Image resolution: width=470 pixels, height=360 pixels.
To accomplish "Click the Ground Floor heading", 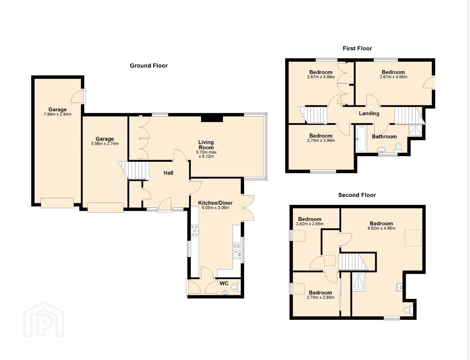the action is tap(149, 66).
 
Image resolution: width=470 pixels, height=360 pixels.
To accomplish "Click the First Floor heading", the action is tap(357, 48).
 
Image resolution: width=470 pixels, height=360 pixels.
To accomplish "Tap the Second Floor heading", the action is tap(357, 195).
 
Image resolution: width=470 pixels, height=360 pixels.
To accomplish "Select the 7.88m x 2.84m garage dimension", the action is tap(58, 114).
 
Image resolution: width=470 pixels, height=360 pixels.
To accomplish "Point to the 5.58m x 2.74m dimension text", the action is tap(105, 144).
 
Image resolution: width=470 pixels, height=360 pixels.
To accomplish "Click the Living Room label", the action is tap(206, 145).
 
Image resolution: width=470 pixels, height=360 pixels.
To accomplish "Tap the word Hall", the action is tap(168, 173).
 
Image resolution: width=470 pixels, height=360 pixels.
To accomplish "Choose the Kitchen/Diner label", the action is tap(215, 203).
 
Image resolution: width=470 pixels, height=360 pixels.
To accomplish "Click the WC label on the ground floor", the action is tap(224, 284).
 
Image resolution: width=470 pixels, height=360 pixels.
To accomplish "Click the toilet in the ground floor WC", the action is tap(235, 287).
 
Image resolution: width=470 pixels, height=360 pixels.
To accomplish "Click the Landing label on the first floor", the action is tap(369, 113).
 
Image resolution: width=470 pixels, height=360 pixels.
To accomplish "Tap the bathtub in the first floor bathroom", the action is tap(360, 139).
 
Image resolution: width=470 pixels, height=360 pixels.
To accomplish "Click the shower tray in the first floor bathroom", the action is tap(415, 131).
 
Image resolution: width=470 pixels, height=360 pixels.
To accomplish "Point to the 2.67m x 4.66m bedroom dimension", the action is tap(393, 77).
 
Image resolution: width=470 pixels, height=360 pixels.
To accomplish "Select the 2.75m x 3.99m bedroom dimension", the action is tap(321, 141).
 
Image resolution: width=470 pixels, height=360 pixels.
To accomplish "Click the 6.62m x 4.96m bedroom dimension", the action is tap(381, 228).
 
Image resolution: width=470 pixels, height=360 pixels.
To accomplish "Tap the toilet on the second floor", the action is tap(408, 309).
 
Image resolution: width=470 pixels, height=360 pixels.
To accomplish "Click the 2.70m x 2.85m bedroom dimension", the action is tap(320, 298).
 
